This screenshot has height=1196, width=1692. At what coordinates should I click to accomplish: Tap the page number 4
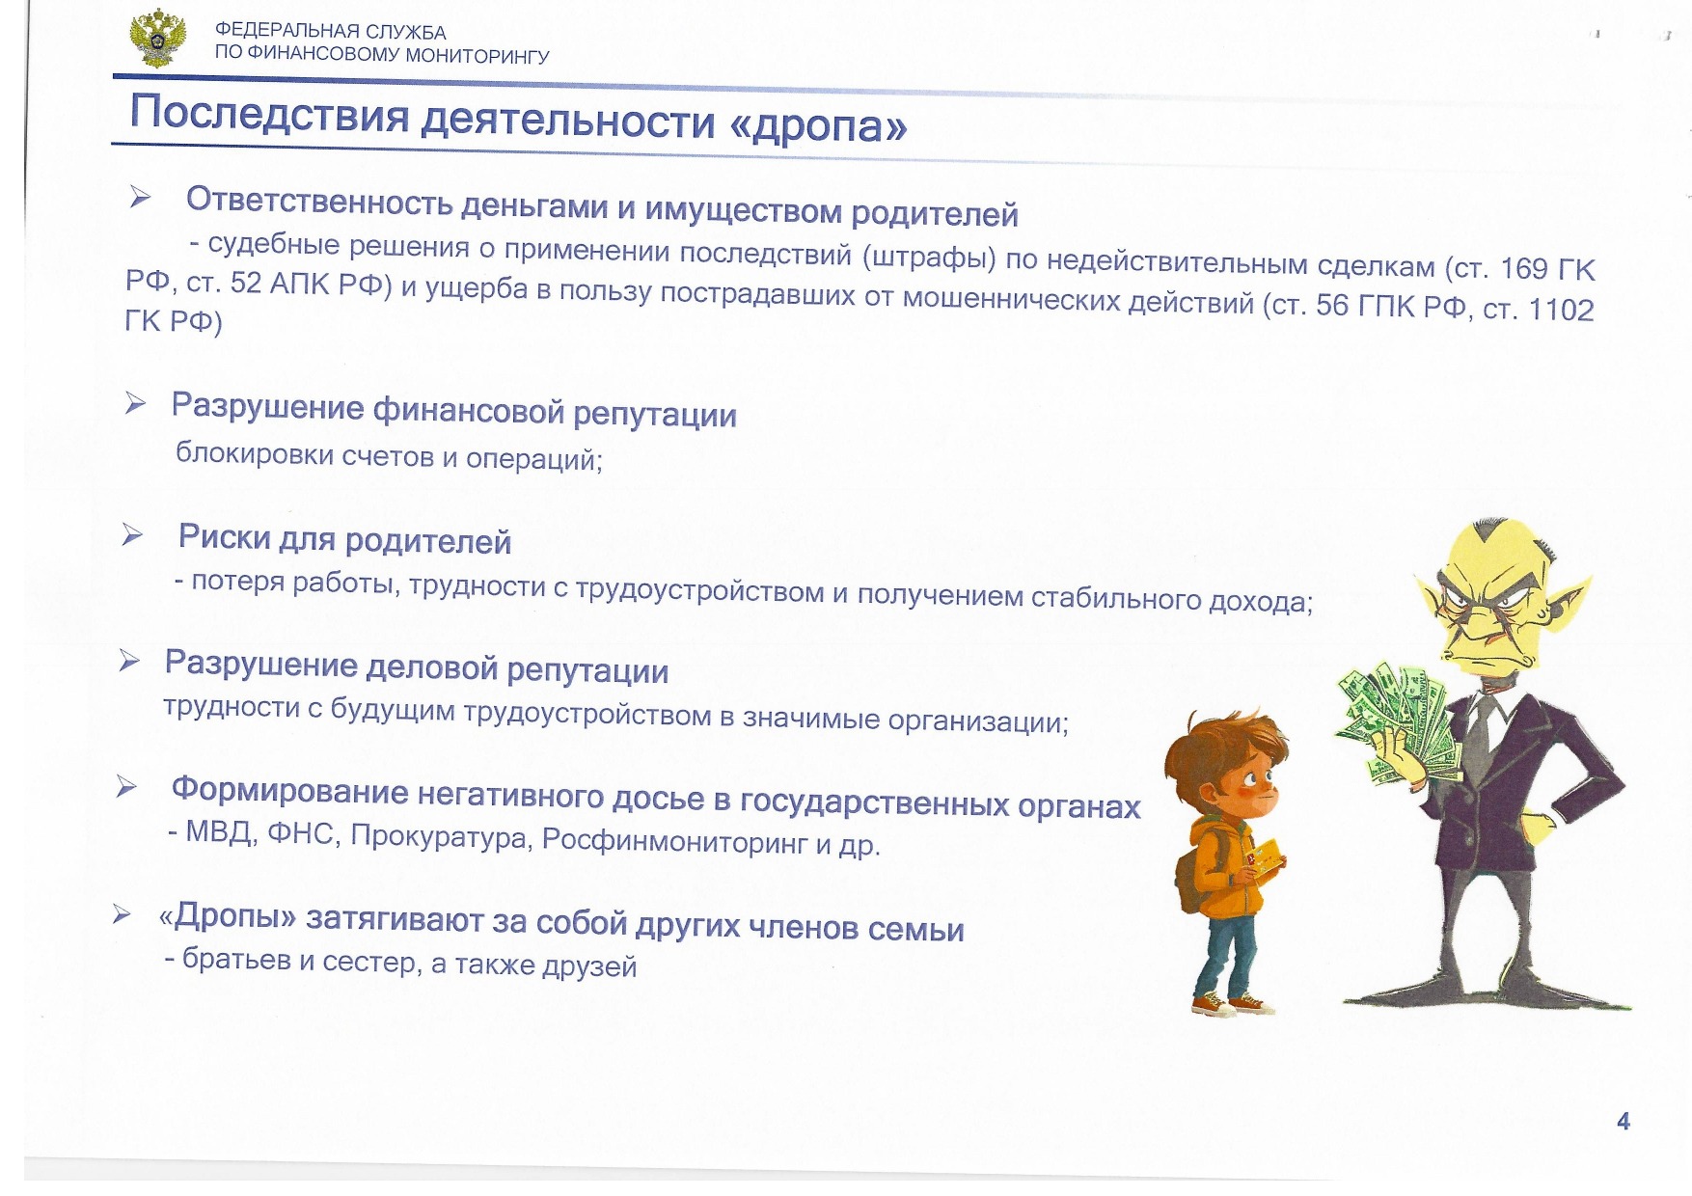[1624, 1121]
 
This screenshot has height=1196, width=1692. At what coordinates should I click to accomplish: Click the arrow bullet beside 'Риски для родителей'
[132, 534]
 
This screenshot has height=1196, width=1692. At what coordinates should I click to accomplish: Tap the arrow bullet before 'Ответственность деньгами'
[141, 198]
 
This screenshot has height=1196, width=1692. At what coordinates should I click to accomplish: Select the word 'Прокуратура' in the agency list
[440, 836]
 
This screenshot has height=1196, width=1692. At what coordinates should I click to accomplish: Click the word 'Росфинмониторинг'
[674, 841]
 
